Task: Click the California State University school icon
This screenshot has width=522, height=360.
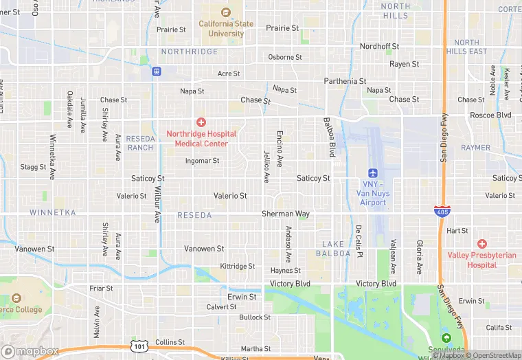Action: click(x=225, y=12)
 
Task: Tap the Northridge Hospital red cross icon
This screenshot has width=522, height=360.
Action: click(x=201, y=122)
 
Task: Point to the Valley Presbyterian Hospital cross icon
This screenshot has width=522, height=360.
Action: click(x=481, y=244)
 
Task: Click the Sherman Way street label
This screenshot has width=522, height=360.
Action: click(x=285, y=214)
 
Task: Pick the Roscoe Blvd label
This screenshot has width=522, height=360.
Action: click(x=490, y=115)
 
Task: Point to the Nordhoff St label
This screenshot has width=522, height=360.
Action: click(x=379, y=47)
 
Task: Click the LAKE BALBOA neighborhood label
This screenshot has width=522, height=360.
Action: click(x=336, y=249)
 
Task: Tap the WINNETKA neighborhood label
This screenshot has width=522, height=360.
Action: click(x=53, y=213)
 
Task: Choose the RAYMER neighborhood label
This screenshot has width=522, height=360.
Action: click(x=476, y=148)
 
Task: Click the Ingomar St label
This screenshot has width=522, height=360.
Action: click(x=203, y=161)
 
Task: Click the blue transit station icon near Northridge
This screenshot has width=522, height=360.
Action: click(x=157, y=71)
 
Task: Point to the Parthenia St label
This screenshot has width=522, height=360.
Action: click(x=345, y=81)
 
